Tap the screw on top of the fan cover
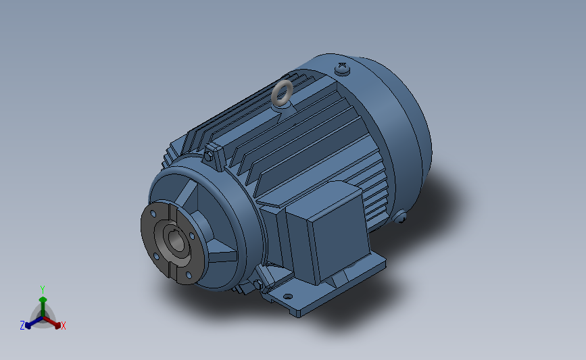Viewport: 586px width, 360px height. (x=342, y=69)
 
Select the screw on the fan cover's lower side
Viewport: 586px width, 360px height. (x=399, y=217)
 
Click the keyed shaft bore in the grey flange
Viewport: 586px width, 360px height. (x=176, y=240)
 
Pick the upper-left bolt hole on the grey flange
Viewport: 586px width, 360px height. (x=153, y=214)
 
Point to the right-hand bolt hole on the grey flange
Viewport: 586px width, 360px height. (x=192, y=236)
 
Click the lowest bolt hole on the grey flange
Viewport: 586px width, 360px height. (x=189, y=275)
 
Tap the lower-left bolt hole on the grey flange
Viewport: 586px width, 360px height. (x=156, y=256)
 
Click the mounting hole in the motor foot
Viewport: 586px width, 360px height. (x=288, y=297)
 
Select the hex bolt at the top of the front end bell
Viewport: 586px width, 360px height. (x=209, y=156)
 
